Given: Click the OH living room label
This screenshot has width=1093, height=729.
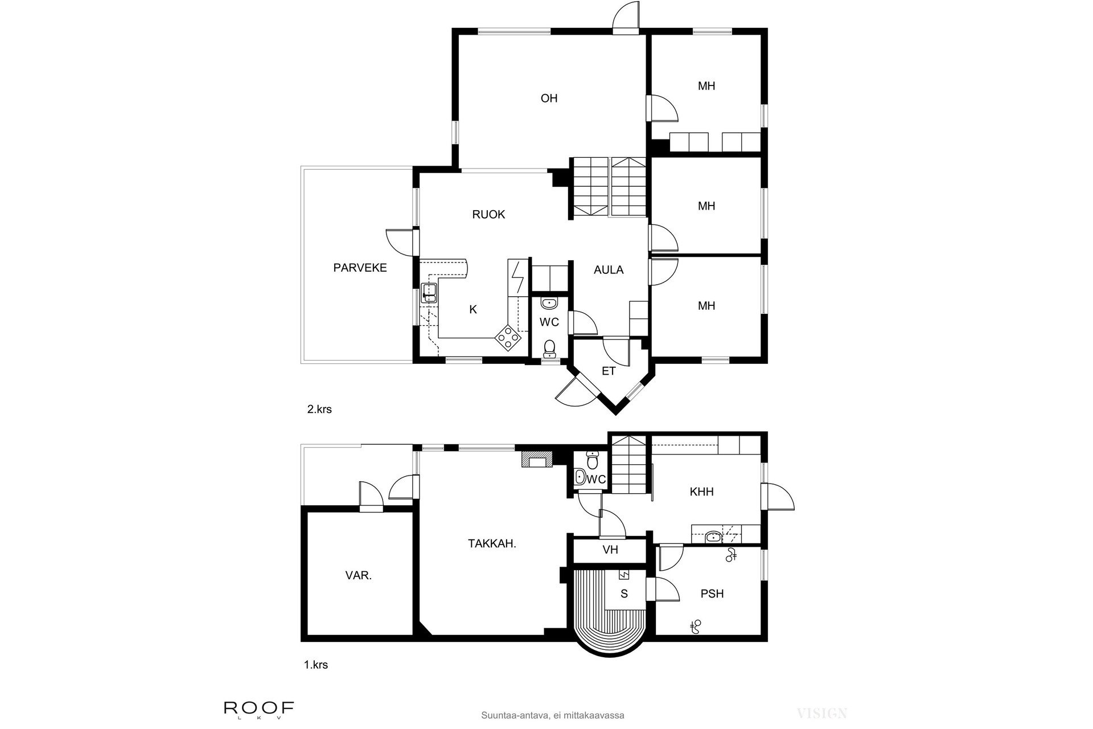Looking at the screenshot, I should point(549,99).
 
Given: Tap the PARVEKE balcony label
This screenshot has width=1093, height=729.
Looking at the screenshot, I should point(360,268).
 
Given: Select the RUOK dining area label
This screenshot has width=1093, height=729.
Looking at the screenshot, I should point(488,215).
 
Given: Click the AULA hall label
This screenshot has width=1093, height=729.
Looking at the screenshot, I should point(609,270).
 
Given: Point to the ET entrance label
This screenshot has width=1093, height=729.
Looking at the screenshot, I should point(609,371).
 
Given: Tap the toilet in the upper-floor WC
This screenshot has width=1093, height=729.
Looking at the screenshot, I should point(549,347).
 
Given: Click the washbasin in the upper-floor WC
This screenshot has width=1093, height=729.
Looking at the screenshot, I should point(549,303).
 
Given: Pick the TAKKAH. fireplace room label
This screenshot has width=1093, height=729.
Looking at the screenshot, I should point(492,544).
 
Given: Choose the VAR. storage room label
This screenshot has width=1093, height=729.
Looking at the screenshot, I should point(358,575).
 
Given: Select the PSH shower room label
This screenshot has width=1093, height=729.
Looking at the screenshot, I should point(712,594).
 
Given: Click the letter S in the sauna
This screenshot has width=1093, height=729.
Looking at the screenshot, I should point(624,594).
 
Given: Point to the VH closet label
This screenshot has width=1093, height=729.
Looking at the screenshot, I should point(610,550).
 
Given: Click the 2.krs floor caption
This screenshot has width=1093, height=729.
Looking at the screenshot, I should point(319,409).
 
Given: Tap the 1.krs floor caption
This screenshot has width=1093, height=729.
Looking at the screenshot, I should point(316,665).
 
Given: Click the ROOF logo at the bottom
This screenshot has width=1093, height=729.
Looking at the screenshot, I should point(259,709).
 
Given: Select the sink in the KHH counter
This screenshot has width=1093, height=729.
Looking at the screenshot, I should point(712,536).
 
